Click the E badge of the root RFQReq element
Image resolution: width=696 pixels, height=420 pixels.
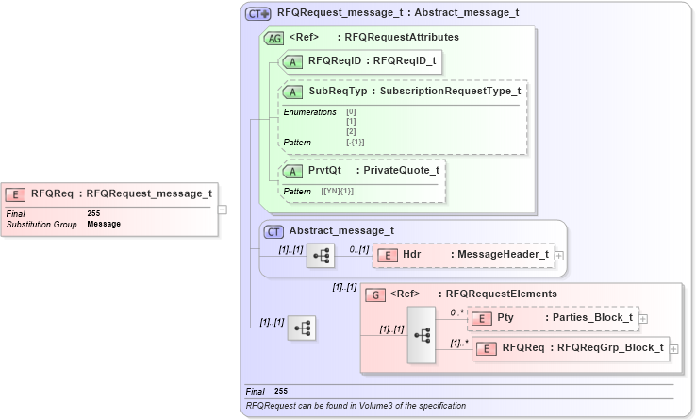tap(15, 194)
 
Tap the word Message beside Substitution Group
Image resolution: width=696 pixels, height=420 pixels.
tap(104, 225)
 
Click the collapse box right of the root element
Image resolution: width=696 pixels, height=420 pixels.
tap(223, 210)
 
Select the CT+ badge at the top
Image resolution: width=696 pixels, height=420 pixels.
tap(257, 14)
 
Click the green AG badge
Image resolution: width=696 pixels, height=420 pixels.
tap(274, 38)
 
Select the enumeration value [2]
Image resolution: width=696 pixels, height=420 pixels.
tap(351, 131)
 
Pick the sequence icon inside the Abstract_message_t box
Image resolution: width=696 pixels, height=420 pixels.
tap(321, 255)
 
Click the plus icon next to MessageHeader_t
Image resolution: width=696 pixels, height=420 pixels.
tap(560, 255)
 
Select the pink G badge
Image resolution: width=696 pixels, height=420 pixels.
tap(374, 294)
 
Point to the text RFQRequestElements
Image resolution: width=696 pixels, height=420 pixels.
tap(501, 294)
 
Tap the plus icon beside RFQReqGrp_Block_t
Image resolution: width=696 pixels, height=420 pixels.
tap(673, 349)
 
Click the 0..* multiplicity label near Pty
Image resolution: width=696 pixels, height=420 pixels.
tap(456, 312)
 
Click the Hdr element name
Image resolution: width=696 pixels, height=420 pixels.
tap(412, 255)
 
